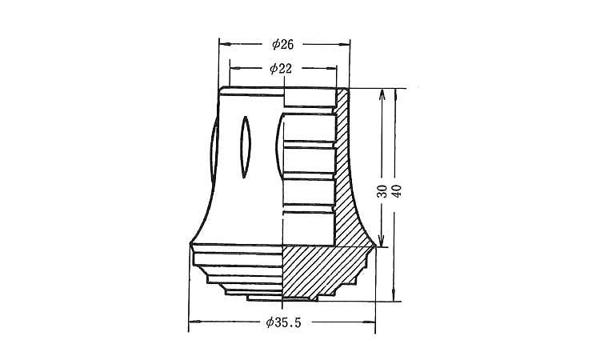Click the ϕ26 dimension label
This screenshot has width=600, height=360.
[282, 44]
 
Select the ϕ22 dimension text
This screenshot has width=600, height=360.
[281, 69]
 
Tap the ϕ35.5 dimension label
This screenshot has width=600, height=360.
[283, 322]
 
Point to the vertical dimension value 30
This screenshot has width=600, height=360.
[382, 191]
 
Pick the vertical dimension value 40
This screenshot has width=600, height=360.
[397, 191]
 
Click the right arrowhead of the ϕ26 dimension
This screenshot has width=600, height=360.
[345, 44]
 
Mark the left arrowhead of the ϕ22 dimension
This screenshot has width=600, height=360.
[234, 68]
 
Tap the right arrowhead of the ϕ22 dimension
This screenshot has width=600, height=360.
[332, 69]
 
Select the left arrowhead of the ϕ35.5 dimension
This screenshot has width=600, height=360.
[194, 322]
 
